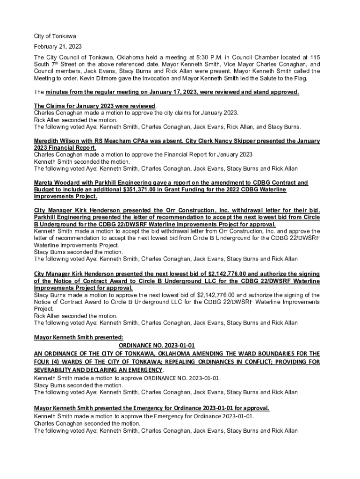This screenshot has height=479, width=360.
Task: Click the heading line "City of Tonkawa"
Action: tap(55, 36)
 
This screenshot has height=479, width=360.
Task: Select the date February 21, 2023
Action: tap(58, 46)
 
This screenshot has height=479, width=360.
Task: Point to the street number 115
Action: tap(315, 57)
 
